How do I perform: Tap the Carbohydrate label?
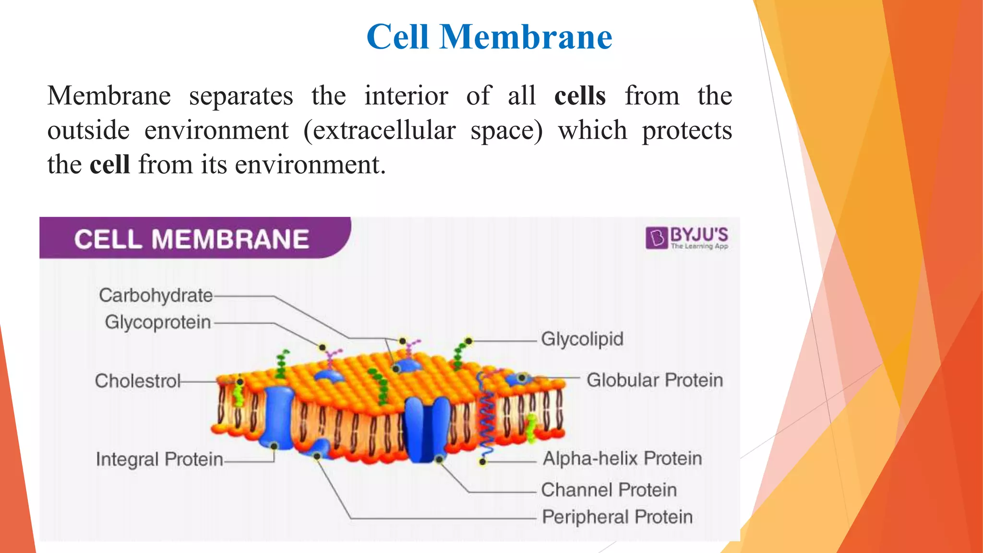(156, 295)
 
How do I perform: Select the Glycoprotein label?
(158, 322)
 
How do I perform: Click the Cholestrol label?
(137, 381)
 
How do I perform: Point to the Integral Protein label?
(159, 459)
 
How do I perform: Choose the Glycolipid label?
(582, 339)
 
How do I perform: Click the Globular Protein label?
(654, 380)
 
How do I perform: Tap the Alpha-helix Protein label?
(622, 458)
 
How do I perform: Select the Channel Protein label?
(609, 490)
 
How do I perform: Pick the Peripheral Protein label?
(617, 517)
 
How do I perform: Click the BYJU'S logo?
(687, 238)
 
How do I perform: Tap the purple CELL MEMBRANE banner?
(192, 239)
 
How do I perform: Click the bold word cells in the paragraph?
(580, 96)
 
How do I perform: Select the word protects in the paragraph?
(687, 130)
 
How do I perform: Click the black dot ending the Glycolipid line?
(469, 341)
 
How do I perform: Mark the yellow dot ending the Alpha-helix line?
(483, 462)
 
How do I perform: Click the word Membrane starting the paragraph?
(109, 96)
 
